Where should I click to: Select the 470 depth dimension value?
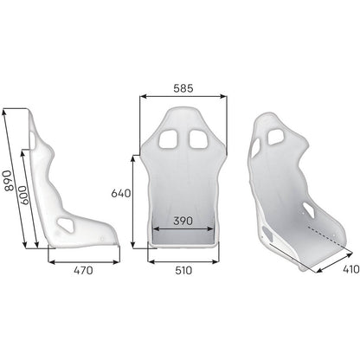pyautogui.click(x=82, y=271)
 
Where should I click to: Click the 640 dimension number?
pyautogui.click(x=120, y=194)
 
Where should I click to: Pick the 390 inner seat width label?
pyautogui.click(x=182, y=222)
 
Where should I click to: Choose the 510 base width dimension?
pyautogui.click(x=182, y=271)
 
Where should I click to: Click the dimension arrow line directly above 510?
pyautogui.click(x=182, y=257)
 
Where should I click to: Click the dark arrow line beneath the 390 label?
pyautogui.click(x=182, y=231)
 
